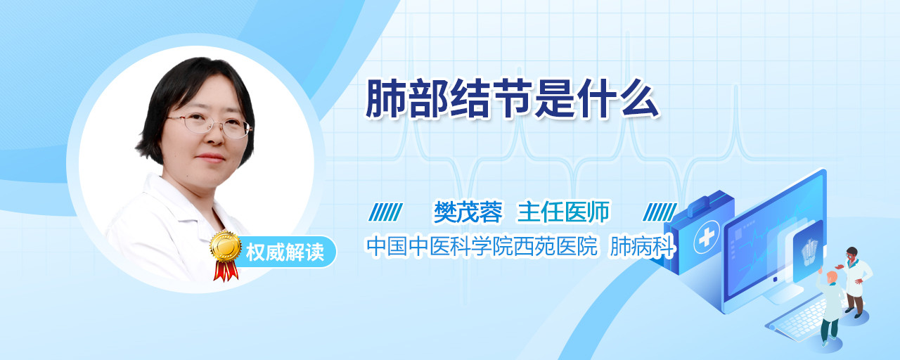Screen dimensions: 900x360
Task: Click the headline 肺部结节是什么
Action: (x=513, y=98)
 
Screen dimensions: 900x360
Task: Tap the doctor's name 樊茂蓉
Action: (x=468, y=212)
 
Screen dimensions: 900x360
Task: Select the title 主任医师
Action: (x=563, y=212)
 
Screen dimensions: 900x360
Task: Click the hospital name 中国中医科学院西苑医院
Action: (x=482, y=246)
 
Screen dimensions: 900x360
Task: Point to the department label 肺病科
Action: (x=642, y=246)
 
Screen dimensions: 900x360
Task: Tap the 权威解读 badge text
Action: (x=285, y=252)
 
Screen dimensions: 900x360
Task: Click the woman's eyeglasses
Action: (x=210, y=124)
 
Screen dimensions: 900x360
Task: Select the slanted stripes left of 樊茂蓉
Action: (x=385, y=212)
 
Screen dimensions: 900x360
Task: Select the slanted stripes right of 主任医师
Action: (x=660, y=212)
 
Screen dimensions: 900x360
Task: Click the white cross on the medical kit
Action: (x=707, y=238)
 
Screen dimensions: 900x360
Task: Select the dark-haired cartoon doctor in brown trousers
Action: (x=854, y=281)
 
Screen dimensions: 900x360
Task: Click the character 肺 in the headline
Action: (x=385, y=99)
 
